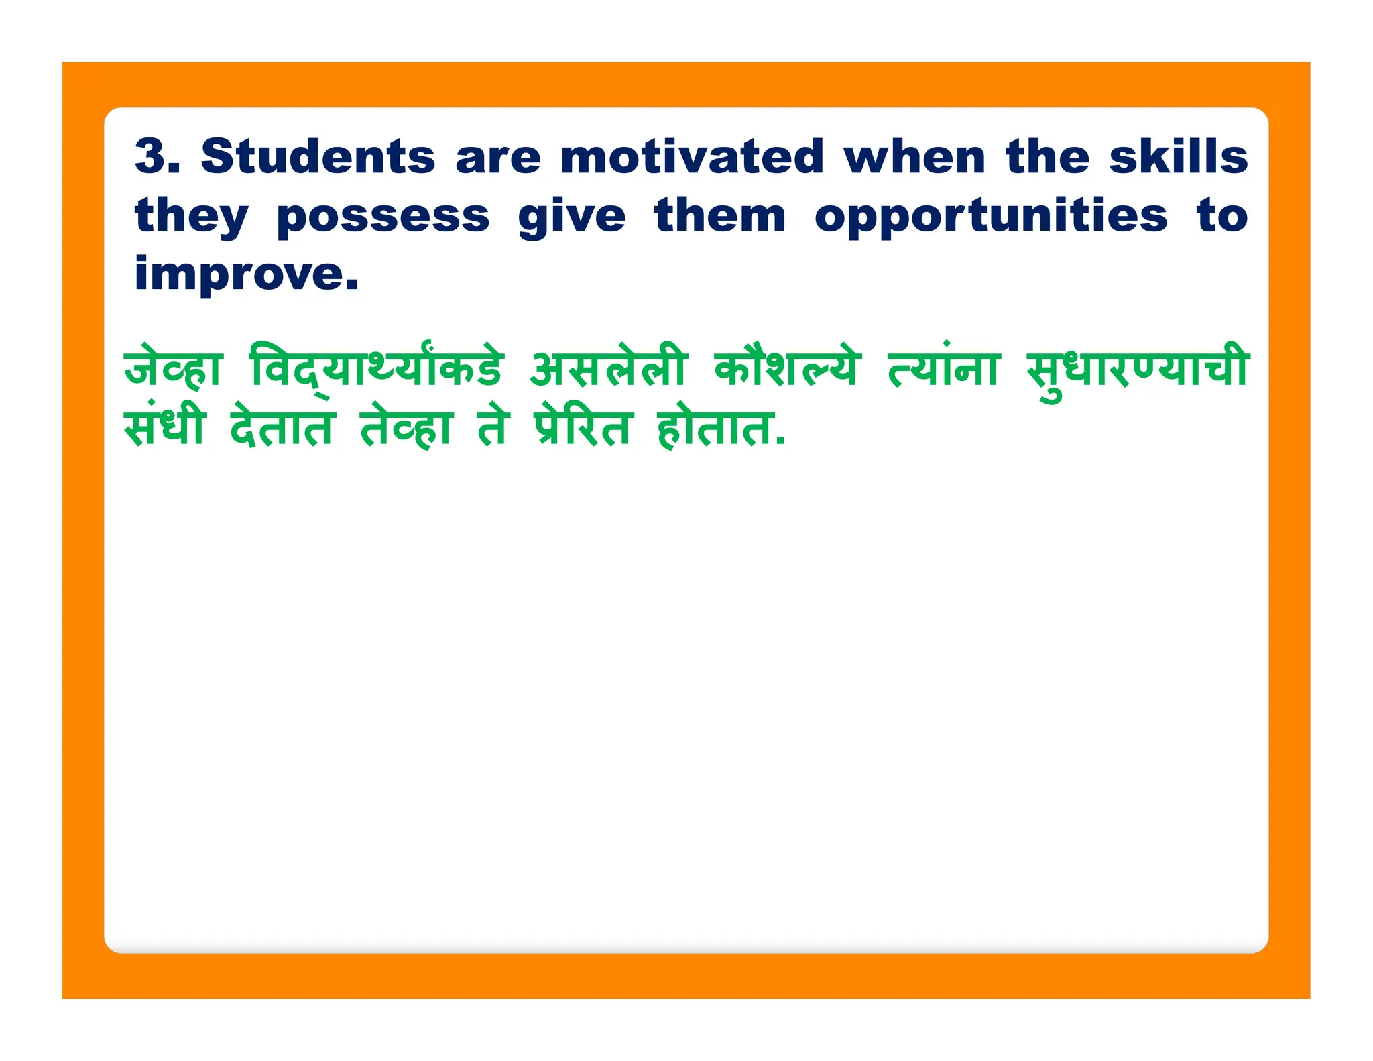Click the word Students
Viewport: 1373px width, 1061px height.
click(318, 156)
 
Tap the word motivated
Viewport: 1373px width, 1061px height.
click(692, 156)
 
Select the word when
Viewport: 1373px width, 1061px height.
click(914, 156)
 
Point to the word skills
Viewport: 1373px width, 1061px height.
click(1178, 156)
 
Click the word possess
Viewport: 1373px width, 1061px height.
click(383, 217)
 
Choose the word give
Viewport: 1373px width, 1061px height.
click(572, 217)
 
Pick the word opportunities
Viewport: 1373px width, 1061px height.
click(991, 217)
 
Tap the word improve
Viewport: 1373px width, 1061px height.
click(247, 275)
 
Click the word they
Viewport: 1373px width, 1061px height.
click(192, 217)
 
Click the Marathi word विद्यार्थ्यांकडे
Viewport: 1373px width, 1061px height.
click(376, 368)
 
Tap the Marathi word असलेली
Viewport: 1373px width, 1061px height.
click(608, 368)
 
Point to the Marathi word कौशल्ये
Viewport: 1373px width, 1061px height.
click(786, 368)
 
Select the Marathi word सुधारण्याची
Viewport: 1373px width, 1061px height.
click(1137, 368)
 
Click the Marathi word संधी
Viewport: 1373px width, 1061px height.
click(165, 427)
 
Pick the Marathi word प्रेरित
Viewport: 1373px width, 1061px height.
click(583, 427)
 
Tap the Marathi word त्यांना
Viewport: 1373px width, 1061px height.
click(943, 368)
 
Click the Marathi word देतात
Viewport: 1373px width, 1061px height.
click(282, 427)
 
